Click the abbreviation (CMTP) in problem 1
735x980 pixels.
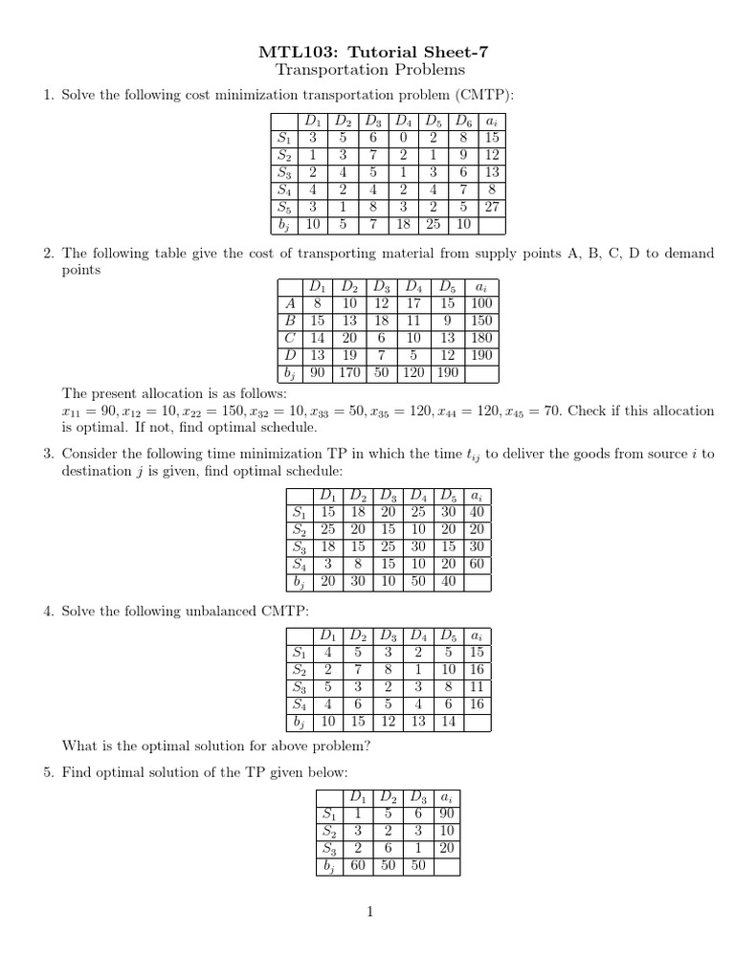pyautogui.click(x=482, y=95)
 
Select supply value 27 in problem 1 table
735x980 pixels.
pyautogui.click(x=491, y=208)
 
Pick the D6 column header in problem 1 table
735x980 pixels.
pyautogui.click(x=463, y=122)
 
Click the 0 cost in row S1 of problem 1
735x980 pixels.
pyautogui.click(x=404, y=139)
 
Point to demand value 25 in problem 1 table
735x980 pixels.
pyautogui.click(x=434, y=225)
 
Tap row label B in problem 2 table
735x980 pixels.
pyautogui.click(x=288, y=320)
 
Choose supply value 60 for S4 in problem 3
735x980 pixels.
pyautogui.click(x=478, y=564)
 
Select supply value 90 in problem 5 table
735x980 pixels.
pyautogui.click(x=446, y=814)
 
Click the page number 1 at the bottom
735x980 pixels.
pyautogui.click(x=367, y=912)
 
